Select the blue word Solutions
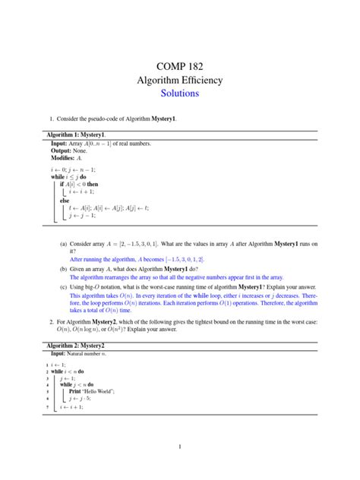pos(180,93)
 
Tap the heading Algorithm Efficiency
pos(180,79)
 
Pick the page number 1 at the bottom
pos(180,447)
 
